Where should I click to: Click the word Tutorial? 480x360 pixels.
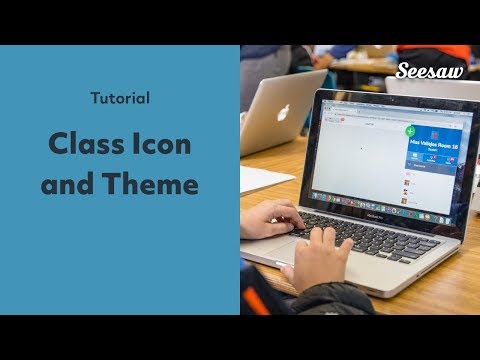pyautogui.click(x=120, y=99)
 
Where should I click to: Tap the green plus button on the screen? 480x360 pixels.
pyautogui.click(x=410, y=131)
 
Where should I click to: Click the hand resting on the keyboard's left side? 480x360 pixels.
pyautogui.click(x=270, y=217)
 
